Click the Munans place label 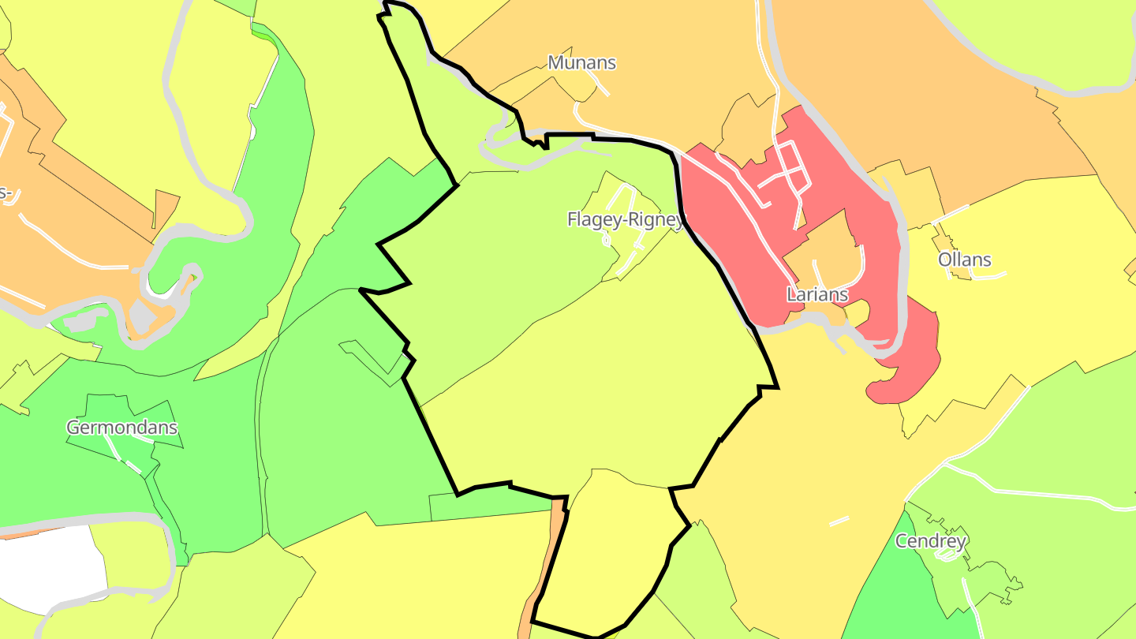pos(581,62)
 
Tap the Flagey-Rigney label pos(625,219)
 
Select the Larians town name pos(817,294)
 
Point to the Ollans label pos(964,260)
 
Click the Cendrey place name pos(931,541)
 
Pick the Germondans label pos(121,428)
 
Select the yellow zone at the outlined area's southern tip pos(607,552)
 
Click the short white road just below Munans pos(600,86)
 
